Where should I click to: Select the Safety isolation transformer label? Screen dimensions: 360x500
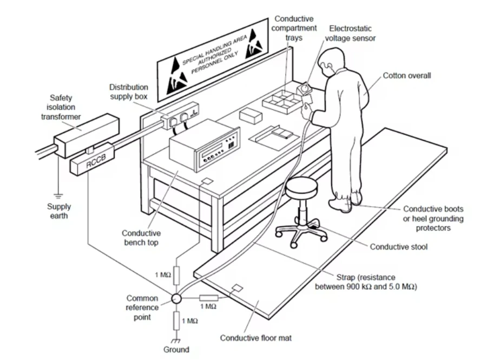tap(65, 107)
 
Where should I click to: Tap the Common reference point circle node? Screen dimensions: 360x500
tap(176, 298)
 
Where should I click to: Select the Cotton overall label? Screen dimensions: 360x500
tap(407, 76)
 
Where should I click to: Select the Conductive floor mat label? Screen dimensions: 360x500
tap(256, 338)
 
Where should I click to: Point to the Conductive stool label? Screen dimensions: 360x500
tap(399, 247)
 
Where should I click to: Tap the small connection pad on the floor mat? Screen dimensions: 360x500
tap(236, 287)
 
